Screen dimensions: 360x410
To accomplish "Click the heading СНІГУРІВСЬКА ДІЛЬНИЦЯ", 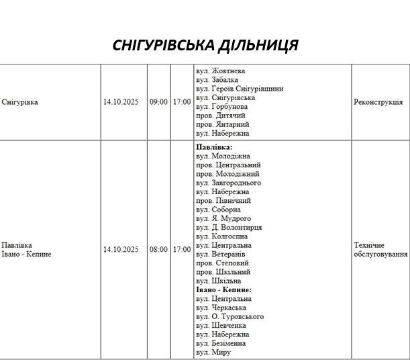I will tap(205, 45).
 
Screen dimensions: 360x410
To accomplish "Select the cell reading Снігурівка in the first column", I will tap(20, 102).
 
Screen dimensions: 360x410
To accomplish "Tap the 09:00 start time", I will tap(158, 102).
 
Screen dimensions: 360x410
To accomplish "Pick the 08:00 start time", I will tap(158, 250).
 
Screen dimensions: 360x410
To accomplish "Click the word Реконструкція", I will tap(378, 102).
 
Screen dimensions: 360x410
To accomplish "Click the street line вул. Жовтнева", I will tap(221, 71).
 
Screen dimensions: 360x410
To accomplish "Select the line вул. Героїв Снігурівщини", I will tap(240, 89).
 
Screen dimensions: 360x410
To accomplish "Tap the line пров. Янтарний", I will tap(223, 124).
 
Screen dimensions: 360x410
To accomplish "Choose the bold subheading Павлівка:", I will tap(214, 146).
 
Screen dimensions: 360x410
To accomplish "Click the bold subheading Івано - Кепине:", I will tap(223, 289).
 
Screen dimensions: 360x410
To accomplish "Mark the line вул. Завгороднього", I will tap(229, 183).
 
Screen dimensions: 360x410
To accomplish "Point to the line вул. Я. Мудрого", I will tap(223, 218).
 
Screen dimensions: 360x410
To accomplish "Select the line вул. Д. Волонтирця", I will tap(229, 228).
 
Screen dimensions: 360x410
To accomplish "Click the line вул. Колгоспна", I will tap(222, 236).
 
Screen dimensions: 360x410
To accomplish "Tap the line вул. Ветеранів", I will tap(221, 255).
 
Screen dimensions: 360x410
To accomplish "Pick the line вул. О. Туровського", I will tap(230, 316).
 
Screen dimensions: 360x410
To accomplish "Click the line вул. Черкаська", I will tap(221, 308).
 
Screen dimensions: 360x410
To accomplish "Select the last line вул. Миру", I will tap(214, 352).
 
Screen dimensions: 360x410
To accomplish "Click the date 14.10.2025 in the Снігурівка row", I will tap(121, 102).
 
